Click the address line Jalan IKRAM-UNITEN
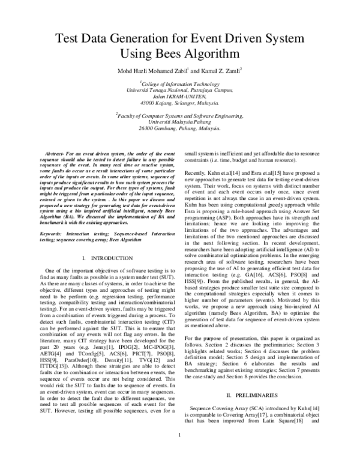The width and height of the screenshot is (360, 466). point(181,97)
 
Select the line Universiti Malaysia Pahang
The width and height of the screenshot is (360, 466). point(181,122)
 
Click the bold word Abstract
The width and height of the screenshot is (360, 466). point(58,155)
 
